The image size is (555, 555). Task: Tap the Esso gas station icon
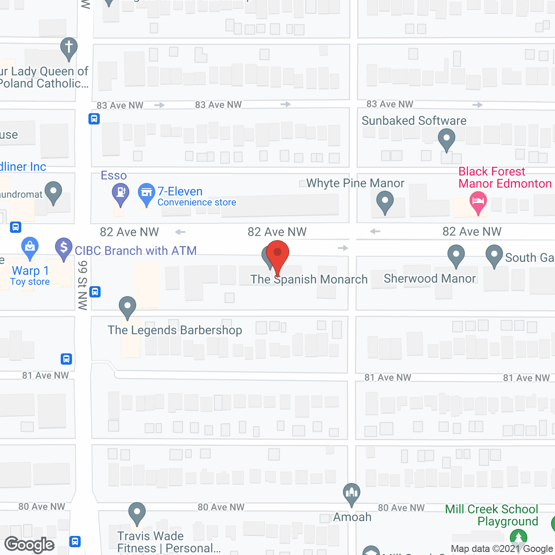click(121, 193)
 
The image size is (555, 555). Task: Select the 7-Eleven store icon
click(147, 193)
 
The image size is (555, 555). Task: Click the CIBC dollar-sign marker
click(64, 248)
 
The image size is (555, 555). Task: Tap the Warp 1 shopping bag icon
click(30, 247)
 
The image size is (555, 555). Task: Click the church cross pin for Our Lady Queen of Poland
click(69, 47)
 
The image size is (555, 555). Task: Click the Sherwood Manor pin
click(456, 255)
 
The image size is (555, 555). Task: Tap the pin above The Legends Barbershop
click(127, 306)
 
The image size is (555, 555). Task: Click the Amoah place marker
click(352, 493)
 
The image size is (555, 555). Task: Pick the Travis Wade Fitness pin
click(137, 513)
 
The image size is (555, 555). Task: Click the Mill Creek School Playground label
click(492, 515)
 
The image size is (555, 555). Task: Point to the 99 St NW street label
click(83, 285)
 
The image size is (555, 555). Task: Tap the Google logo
click(29, 545)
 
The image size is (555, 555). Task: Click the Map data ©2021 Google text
click(502, 549)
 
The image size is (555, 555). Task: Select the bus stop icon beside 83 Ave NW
click(94, 118)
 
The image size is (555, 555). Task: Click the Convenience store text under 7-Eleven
click(197, 202)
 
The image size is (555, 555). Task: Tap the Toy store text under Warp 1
click(30, 282)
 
